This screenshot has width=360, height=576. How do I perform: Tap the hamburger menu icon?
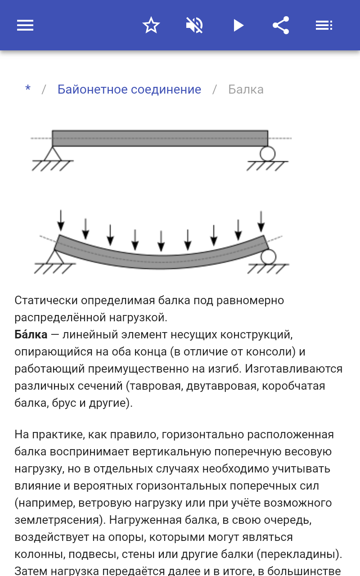[x=25, y=25]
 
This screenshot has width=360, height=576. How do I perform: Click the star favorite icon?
[x=151, y=25]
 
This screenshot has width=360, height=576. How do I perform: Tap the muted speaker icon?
[x=194, y=25]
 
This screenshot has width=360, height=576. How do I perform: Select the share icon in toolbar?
[x=281, y=25]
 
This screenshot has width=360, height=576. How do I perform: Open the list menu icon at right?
[x=324, y=25]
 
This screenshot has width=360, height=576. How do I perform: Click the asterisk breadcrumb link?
[x=28, y=89]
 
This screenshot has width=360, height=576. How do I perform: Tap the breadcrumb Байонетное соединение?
[x=129, y=89]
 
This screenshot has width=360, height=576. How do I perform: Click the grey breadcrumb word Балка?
[x=246, y=89]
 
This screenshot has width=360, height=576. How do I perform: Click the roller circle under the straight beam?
[x=267, y=153]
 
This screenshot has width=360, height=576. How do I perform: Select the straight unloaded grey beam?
[x=160, y=138]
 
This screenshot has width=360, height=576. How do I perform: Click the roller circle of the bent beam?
[x=269, y=257]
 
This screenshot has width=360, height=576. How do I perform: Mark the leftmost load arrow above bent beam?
[x=61, y=221]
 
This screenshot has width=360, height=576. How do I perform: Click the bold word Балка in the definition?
[x=31, y=334]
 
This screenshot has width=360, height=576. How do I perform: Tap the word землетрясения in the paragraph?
[x=57, y=520]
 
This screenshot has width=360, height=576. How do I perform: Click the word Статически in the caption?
[x=40, y=300]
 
